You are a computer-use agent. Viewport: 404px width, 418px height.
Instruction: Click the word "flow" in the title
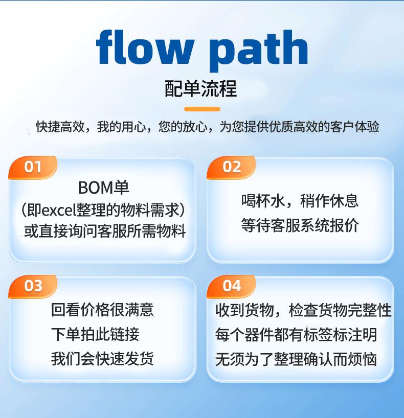pos(145,47)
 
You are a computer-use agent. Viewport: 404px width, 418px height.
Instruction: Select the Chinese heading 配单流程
pos(201,89)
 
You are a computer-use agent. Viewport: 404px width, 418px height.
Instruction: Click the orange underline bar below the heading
pos(202,109)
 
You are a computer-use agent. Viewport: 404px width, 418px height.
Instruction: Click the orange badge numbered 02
pos(231,167)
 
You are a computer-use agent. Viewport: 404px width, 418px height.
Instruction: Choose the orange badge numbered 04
pos(231,286)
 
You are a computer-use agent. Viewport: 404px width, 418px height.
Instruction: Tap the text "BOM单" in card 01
pos(103,188)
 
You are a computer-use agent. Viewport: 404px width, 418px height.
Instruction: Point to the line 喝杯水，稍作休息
pos(300,200)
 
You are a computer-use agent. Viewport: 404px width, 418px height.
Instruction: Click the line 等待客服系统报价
pos(300,225)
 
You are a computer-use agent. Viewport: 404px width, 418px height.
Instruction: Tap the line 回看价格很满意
pos(102,310)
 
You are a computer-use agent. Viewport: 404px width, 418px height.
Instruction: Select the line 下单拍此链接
pos(95,335)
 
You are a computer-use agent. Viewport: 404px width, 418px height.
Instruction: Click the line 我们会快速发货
pos(102,358)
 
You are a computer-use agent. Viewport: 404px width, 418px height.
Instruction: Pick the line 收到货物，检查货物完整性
pos(303,310)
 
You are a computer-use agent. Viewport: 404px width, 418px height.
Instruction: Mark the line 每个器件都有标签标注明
pos(296,335)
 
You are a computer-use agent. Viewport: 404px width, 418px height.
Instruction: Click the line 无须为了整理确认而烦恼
pos(296,358)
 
